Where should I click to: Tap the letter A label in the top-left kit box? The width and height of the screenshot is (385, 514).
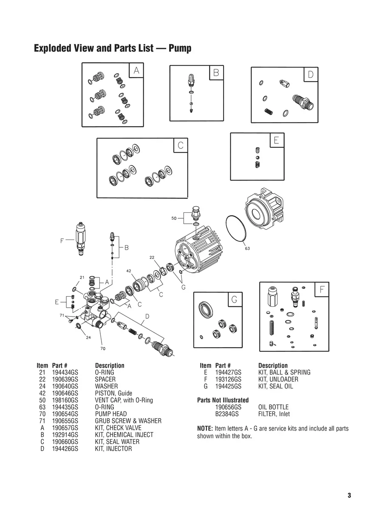[x=136, y=71]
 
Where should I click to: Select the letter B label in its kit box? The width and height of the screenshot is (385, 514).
[x=216, y=73]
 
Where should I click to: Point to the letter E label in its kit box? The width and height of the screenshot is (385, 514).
[x=276, y=140]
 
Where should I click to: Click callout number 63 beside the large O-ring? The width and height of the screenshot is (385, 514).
[x=247, y=248]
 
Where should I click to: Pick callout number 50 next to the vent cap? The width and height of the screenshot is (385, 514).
[x=174, y=218]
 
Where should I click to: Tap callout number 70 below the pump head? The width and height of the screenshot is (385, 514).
[x=103, y=348]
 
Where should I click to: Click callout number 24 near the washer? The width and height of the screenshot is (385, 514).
[x=88, y=338]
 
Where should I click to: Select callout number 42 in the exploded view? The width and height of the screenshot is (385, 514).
[x=129, y=271]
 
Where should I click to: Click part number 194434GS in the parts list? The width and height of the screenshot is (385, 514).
[x=65, y=372]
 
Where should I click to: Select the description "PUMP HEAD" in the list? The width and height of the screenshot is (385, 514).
[x=110, y=414]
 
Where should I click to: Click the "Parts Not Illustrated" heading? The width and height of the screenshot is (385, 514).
[x=223, y=400]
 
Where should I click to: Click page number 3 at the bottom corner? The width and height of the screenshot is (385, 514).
[x=349, y=495]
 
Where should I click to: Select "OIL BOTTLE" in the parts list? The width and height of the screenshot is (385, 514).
[x=273, y=407]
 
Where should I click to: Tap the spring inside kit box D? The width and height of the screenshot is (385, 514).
[x=268, y=111]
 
